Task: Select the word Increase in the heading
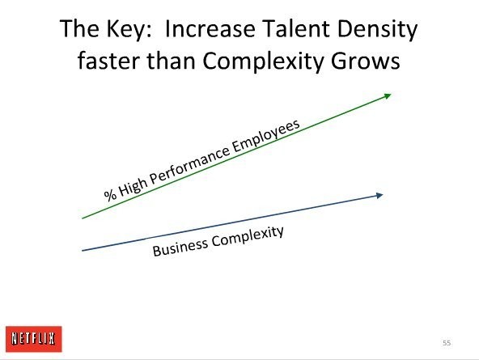point(210,28)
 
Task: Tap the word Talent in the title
point(296,28)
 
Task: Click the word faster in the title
point(109,61)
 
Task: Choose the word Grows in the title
point(366,61)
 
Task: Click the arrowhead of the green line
point(388,96)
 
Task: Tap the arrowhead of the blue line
point(379,196)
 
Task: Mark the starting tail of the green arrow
point(83,218)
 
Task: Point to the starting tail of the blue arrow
point(83,251)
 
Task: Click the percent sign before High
point(110,195)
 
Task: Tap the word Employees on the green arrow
point(266,134)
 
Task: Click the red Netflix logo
point(34,339)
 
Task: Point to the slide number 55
point(447,343)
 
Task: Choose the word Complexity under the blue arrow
point(248,237)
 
